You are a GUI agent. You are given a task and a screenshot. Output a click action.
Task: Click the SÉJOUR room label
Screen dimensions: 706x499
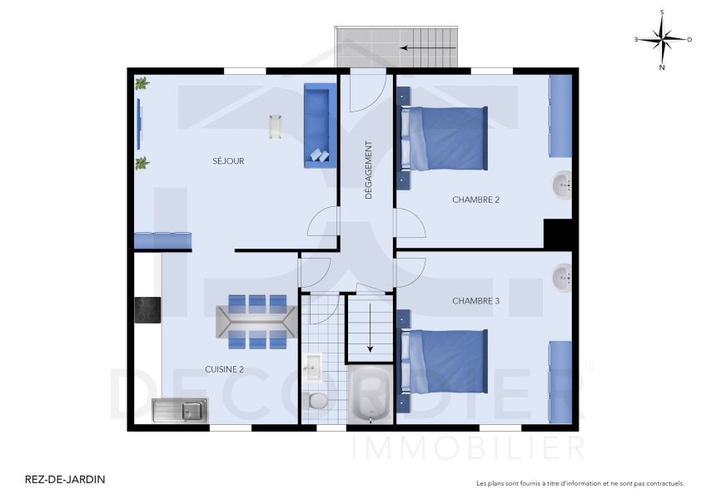point(228,161)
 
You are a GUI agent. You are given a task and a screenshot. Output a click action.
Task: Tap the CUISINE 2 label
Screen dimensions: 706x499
point(224,369)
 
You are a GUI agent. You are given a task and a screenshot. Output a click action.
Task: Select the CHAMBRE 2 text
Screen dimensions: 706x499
point(476,200)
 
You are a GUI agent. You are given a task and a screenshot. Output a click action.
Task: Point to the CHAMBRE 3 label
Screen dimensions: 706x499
point(476,301)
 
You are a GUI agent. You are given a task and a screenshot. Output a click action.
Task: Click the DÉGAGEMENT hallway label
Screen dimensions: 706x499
point(369,170)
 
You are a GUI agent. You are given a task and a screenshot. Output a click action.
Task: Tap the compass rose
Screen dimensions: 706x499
point(662,40)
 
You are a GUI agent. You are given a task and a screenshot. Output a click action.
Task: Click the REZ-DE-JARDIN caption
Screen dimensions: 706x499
point(65,479)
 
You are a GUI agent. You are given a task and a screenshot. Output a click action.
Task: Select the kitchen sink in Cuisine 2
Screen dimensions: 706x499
point(180,410)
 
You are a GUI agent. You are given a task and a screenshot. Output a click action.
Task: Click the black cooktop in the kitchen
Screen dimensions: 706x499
point(147,310)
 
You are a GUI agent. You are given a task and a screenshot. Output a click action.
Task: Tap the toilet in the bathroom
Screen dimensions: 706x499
point(314,400)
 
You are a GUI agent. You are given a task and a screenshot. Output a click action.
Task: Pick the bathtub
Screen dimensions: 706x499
point(370,394)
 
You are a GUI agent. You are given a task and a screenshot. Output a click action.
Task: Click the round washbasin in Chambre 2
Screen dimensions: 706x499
point(562,185)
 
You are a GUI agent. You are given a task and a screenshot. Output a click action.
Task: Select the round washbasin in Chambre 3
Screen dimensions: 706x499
point(562,278)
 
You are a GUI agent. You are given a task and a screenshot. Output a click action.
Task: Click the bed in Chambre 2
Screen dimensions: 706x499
point(444,139)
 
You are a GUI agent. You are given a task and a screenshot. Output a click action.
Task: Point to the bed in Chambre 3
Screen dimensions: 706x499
point(444,361)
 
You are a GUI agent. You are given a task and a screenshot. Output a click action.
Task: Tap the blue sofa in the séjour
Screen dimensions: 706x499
point(321,126)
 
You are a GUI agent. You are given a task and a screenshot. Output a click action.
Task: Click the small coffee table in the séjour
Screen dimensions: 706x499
point(276,127)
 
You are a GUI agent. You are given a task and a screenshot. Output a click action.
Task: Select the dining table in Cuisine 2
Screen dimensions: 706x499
point(256,322)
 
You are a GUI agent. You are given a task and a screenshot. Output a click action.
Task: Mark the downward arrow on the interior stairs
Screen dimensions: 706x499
point(370,328)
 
